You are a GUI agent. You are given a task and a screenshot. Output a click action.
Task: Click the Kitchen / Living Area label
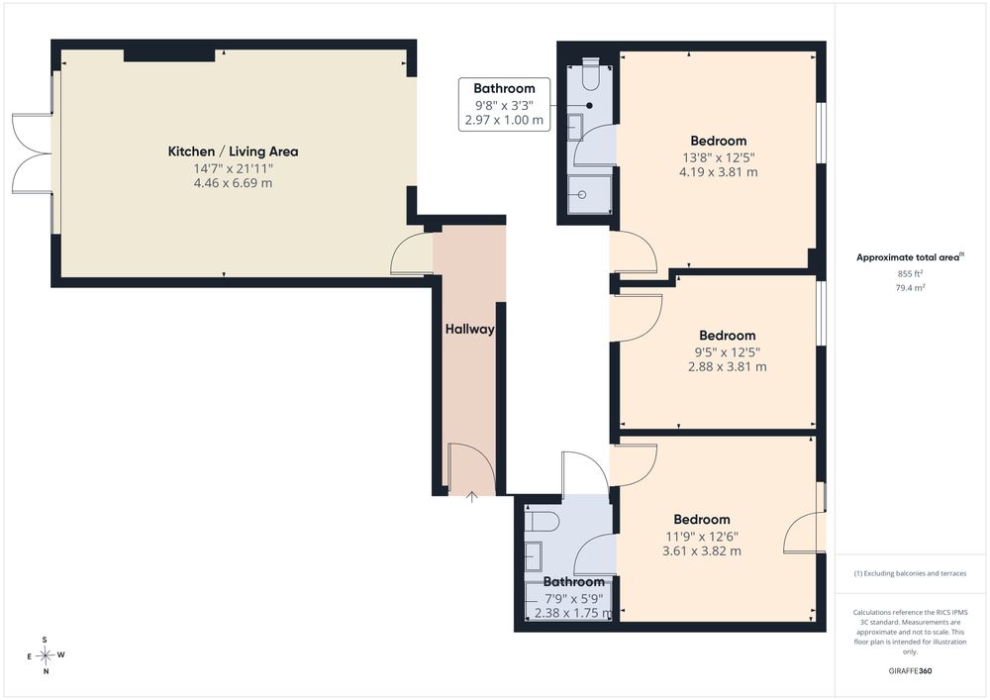pyautogui.click(x=233, y=151)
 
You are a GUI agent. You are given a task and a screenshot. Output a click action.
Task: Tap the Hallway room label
pyautogui.click(x=469, y=329)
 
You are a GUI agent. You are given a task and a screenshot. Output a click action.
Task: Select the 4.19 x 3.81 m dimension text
pyautogui.click(x=719, y=171)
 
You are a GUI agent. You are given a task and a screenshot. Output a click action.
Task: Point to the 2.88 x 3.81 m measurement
pyautogui.click(x=728, y=366)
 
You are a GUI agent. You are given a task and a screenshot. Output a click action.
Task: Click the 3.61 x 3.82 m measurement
pyautogui.click(x=702, y=550)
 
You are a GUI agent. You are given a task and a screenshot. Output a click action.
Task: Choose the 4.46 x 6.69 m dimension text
pyautogui.click(x=233, y=183)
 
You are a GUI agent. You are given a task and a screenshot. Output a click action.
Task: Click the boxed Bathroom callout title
pyautogui.click(x=504, y=88)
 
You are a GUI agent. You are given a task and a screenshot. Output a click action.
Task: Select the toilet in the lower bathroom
pyautogui.click(x=543, y=523)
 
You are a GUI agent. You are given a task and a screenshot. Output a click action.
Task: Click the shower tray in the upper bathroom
pyautogui.click(x=590, y=194)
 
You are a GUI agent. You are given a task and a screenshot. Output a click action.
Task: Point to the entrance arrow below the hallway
pyautogui.click(x=471, y=497)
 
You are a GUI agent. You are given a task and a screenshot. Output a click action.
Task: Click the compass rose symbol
pyautogui.click(x=46, y=655)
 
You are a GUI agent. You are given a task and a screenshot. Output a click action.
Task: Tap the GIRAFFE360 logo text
pyautogui.click(x=910, y=671)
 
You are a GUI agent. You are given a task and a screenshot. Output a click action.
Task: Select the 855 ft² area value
pyautogui.click(x=910, y=274)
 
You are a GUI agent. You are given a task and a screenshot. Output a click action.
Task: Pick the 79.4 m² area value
pyautogui.click(x=911, y=288)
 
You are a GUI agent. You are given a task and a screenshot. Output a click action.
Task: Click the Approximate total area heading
pyautogui.click(x=910, y=256)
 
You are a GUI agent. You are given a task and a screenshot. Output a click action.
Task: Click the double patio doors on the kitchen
pyautogui.click(x=32, y=153)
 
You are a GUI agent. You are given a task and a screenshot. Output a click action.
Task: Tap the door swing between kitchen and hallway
pyautogui.click(x=412, y=253)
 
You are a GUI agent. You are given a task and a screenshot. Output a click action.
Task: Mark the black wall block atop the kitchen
pyautogui.click(x=169, y=55)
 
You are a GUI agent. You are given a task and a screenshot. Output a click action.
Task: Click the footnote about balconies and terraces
pyautogui.click(x=910, y=573)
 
